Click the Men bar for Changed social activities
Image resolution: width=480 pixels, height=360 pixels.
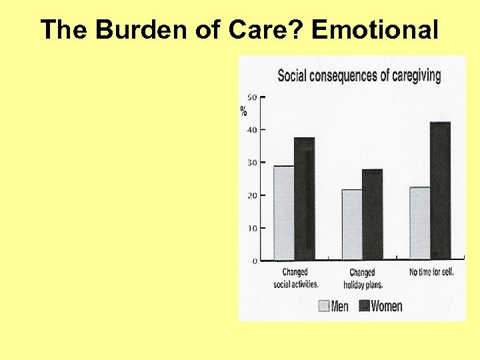(x=284, y=213)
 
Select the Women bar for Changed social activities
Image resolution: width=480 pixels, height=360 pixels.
(x=305, y=199)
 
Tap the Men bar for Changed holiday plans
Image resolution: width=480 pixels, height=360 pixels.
(x=352, y=225)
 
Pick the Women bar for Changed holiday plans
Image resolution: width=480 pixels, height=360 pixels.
(x=373, y=214)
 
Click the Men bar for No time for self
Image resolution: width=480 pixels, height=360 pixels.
(x=420, y=223)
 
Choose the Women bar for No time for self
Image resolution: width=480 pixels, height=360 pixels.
(x=441, y=191)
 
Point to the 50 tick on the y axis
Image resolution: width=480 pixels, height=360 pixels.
(x=251, y=97)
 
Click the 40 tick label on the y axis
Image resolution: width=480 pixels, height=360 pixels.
(x=251, y=129)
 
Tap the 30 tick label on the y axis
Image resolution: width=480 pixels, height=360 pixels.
(x=251, y=163)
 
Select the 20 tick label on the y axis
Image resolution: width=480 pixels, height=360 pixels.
(x=251, y=195)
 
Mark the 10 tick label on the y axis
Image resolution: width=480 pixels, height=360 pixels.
(x=251, y=228)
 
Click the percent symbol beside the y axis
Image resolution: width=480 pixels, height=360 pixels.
(x=244, y=111)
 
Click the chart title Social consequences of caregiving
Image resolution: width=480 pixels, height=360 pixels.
(x=359, y=75)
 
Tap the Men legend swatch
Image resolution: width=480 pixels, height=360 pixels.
(x=324, y=306)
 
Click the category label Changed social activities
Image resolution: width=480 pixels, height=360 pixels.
(x=295, y=277)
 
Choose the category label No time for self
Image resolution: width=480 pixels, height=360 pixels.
(x=431, y=272)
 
